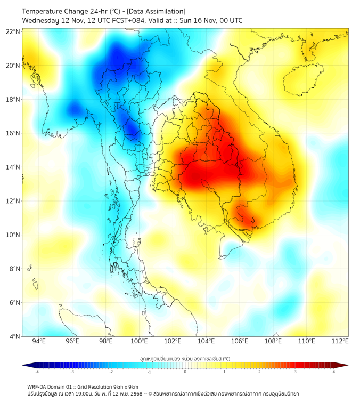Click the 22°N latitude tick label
[x=13, y=32]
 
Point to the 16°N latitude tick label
[x=13, y=133]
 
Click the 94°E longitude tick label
[x=39, y=341]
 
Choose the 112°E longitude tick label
[x=340, y=341]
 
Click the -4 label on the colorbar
[x=37, y=372]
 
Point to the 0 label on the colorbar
[x=185, y=372]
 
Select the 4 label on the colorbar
[x=334, y=372]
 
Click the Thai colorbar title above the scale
[x=185, y=358]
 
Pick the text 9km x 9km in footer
[x=126, y=386]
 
